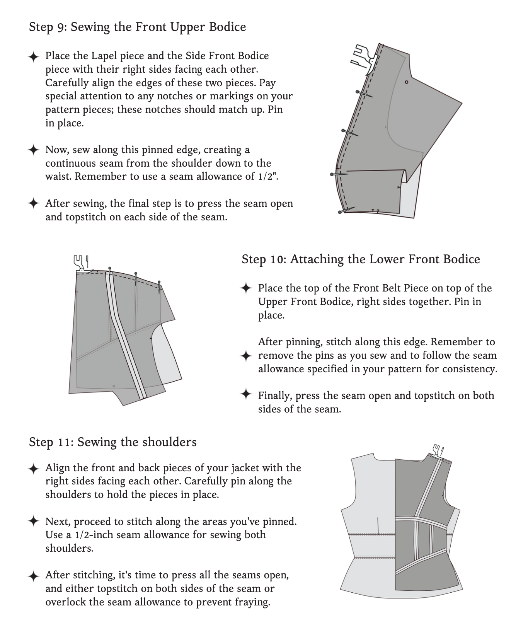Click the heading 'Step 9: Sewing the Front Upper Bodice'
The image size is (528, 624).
pos(137,27)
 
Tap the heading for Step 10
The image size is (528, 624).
pos(361,259)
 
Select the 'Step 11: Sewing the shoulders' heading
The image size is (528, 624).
pos(112,442)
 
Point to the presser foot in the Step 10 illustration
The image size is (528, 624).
pos(81,264)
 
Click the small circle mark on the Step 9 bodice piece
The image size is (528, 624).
pos(406,82)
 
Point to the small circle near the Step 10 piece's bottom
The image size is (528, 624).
pos(114,386)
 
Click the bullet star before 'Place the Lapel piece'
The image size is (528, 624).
pos(34,57)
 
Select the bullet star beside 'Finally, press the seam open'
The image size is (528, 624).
pos(246,395)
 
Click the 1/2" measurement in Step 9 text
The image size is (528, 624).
pos(267,177)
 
